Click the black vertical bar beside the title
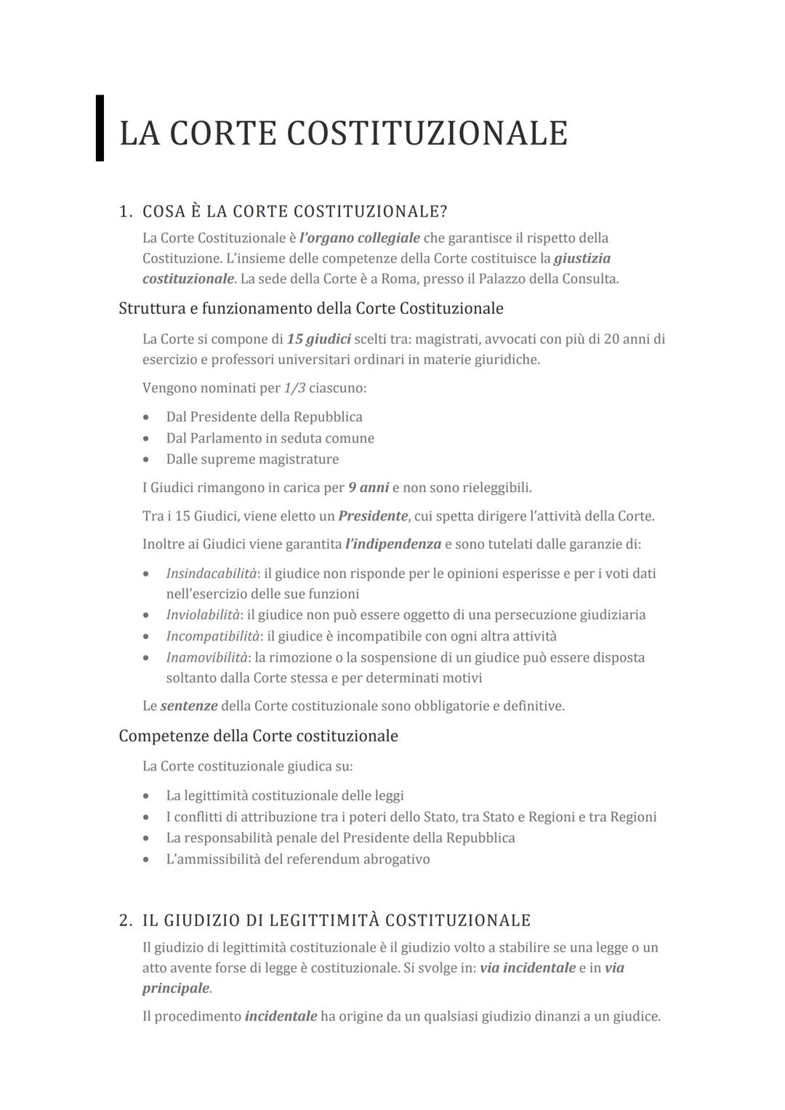pyautogui.click(x=100, y=128)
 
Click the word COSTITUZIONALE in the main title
pyautogui.click(x=427, y=134)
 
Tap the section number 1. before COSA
pyautogui.click(x=126, y=212)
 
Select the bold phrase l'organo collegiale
pyautogui.click(x=359, y=238)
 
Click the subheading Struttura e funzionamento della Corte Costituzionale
pyautogui.click(x=310, y=308)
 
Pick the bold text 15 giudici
pyautogui.click(x=318, y=339)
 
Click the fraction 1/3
pyautogui.click(x=294, y=388)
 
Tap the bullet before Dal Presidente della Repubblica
pyautogui.click(x=147, y=417)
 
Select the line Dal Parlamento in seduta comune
pyautogui.click(x=270, y=438)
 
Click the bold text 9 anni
pyautogui.click(x=369, y=488)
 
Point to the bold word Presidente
pyautogui.click(x=373, y=517)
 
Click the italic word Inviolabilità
pyautogui.click(x=203, y=615)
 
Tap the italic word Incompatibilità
pyautogui.click(x=212, y=636)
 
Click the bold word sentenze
pyautogui.click(x=189, y=706)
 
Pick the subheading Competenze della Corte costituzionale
pyautogui.click(x=258, y=736)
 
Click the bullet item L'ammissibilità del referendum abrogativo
pyautogui.click(x=297, y=859)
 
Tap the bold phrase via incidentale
pyautogui.click(x=528, y=968)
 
